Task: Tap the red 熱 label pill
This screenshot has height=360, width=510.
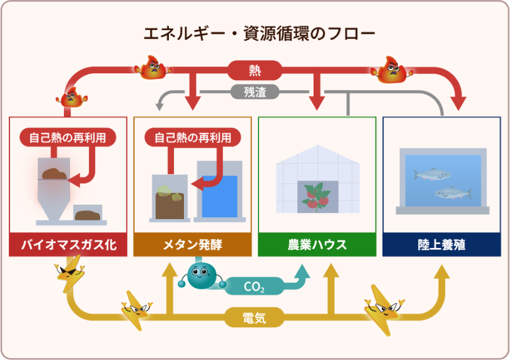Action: coord(255,68)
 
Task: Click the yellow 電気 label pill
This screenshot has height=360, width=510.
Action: coord(255,317)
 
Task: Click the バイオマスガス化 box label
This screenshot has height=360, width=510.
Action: coord(68,244)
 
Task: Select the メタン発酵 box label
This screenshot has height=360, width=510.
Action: coord(192,244)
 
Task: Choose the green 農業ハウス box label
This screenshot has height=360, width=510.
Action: coord(317,244)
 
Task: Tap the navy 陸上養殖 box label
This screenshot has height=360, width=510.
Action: coord(441,244)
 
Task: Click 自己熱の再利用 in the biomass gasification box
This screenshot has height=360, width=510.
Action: coord(68,137)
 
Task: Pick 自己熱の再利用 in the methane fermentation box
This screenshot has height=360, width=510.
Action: coord(192,137)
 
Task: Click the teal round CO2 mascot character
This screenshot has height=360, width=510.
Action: coord(201,274)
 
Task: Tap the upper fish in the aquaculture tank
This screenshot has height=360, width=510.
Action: coord(432,173)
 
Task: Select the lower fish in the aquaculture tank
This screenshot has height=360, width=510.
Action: coord(452,193)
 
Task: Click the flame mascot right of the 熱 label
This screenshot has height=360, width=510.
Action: coord(390,69)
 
